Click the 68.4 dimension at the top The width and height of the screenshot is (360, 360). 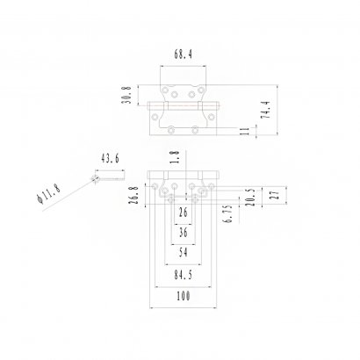point(185,55)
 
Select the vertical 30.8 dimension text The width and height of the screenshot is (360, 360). point(126,95)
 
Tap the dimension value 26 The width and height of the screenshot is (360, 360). point(183,212)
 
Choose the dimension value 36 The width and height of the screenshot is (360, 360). point(183,234)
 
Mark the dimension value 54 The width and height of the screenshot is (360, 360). point(183,253)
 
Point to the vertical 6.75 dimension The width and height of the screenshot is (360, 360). point(227,214)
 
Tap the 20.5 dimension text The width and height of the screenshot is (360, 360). point(251,194)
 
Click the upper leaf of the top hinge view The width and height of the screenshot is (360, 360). point(185,93)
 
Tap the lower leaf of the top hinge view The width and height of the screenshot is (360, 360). point(185,121)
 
